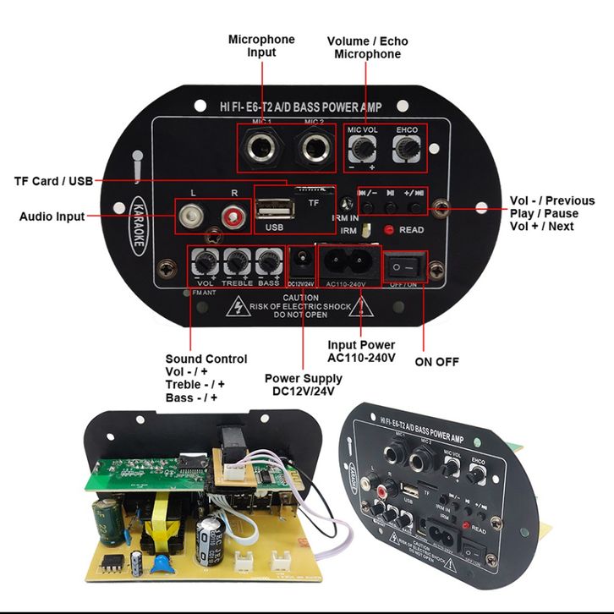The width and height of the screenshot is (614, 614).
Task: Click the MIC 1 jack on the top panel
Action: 255,149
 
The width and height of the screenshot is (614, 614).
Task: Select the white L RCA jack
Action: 192,216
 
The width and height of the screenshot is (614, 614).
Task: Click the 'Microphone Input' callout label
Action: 261,46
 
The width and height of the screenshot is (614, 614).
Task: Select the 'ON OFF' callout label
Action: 436,362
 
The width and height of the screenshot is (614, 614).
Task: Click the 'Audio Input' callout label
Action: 52,217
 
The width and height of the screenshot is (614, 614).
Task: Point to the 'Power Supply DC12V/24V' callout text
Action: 302,385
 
